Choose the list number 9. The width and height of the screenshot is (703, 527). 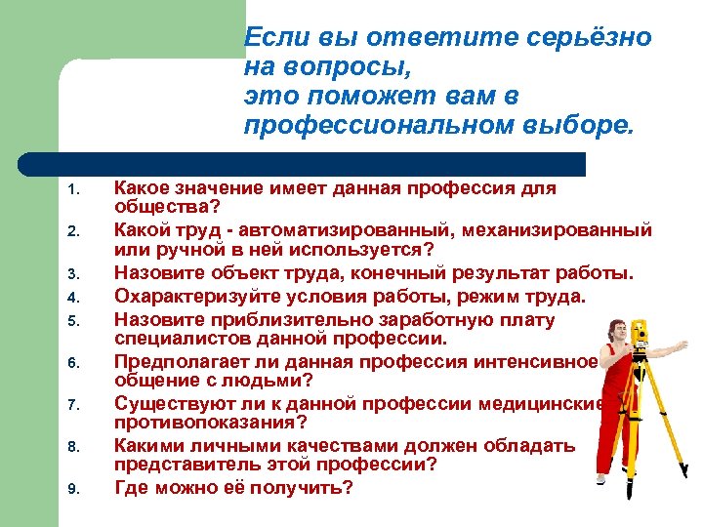pos(72,488)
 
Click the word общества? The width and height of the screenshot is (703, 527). pos(167,206)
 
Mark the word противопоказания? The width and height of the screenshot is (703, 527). pos(211,421)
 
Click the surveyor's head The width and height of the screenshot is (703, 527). pos(614,329)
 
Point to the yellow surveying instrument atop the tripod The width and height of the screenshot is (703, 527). pos(641,337)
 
